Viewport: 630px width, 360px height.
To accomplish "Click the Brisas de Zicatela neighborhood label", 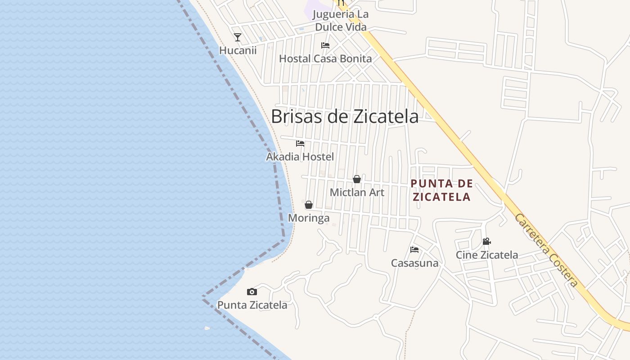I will click(345, 117).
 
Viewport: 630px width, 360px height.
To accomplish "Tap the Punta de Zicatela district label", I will click(442, 190).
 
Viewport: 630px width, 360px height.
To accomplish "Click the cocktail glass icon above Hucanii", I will click(238, 37).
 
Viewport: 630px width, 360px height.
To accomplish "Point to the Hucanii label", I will click(238, 50).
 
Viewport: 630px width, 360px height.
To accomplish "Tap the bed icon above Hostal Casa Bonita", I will click(325, 45).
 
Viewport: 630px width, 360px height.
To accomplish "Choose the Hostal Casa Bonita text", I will click(325, 58).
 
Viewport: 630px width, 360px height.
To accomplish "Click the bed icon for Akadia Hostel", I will click(300, 144).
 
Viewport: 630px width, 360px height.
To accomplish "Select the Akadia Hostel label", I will click(300, 157).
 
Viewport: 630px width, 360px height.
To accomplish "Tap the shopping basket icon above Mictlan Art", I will click(357, 179).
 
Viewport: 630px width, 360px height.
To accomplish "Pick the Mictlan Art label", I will click(357, 193).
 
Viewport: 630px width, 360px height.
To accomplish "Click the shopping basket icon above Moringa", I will click(309, 205).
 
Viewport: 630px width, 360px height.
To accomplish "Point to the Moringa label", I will click(309, 218).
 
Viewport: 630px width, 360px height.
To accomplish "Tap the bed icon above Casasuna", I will click(414, 250).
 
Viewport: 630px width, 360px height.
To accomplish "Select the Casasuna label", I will click(414, 263).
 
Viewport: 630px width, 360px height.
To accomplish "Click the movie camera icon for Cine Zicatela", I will click(486, 242).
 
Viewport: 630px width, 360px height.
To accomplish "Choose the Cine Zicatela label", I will click(486, 255).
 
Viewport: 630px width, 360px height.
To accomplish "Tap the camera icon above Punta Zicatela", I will click(252, 292).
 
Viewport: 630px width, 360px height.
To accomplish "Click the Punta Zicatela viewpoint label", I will click(252, 305).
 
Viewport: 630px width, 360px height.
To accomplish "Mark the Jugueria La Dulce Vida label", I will click(341, 21).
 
